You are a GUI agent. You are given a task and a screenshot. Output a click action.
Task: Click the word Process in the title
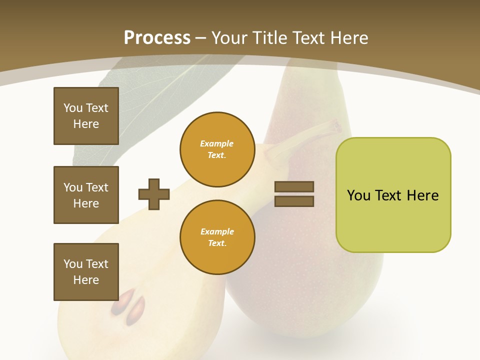[157, 38]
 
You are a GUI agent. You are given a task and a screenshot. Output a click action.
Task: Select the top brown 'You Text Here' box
[86, 116]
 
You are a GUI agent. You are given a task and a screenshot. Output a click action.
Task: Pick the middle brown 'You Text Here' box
[86, 195]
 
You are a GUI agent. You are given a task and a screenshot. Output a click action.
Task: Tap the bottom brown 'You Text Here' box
[86, 272]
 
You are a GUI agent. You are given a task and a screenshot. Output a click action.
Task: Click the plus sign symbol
[154, 194]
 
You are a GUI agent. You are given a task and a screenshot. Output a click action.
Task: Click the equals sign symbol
[294, 194]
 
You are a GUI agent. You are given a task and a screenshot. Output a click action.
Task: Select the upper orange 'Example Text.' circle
[217, 149]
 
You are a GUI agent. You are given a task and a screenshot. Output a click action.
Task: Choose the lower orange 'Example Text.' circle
[217, 237]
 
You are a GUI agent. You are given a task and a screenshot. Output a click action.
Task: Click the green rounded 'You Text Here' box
[393, 195]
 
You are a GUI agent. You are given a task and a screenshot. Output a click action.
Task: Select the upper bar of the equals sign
[294, 187]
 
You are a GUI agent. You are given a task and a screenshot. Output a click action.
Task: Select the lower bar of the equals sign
[294, 201]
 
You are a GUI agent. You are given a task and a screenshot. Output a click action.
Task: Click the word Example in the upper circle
[217, 144]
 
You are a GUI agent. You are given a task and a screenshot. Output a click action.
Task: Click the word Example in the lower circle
[217, 232]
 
